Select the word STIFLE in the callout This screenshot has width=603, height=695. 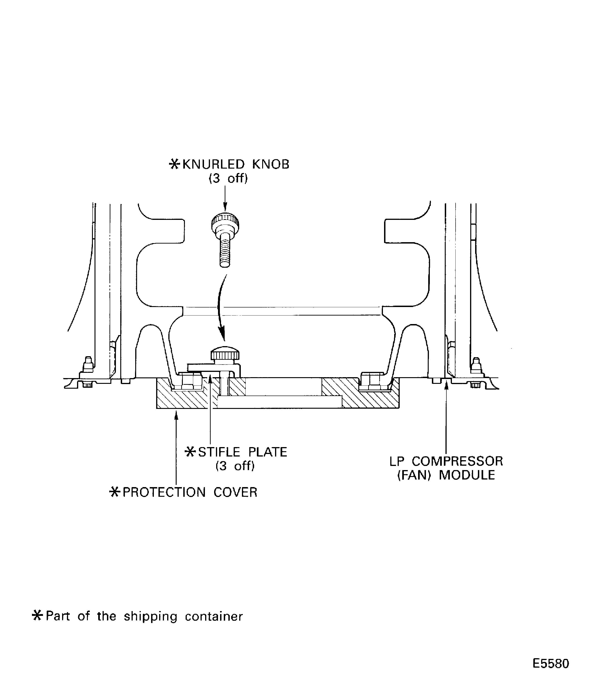(x=219, y=452)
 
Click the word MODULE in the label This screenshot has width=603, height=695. (x=467, y=475)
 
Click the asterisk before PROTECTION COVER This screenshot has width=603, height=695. (x=115, y=492)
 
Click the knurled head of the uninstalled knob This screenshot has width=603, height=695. (x=225, y=221)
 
